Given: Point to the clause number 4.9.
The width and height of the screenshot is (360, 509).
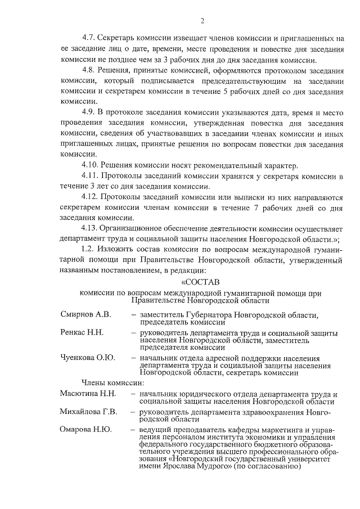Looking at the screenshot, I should pyautogui.click(x=89, y=112).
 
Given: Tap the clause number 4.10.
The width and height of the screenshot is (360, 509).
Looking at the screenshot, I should pyautogui.click(x=91, y=165).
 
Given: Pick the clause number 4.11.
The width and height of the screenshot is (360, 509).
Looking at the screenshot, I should pyautogui.click(x=91, y=175).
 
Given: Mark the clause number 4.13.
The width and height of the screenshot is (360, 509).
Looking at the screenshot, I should pyautogui.click(x=91, y=228).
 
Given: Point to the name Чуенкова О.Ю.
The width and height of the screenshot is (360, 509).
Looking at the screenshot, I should pyautogui.click(x=87, y=357).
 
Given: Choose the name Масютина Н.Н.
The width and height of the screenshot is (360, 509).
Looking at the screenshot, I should pyautogui.click(x=88, y=393).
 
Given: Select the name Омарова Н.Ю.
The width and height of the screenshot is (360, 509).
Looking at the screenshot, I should pyautogui.click(x=85, y=430).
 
